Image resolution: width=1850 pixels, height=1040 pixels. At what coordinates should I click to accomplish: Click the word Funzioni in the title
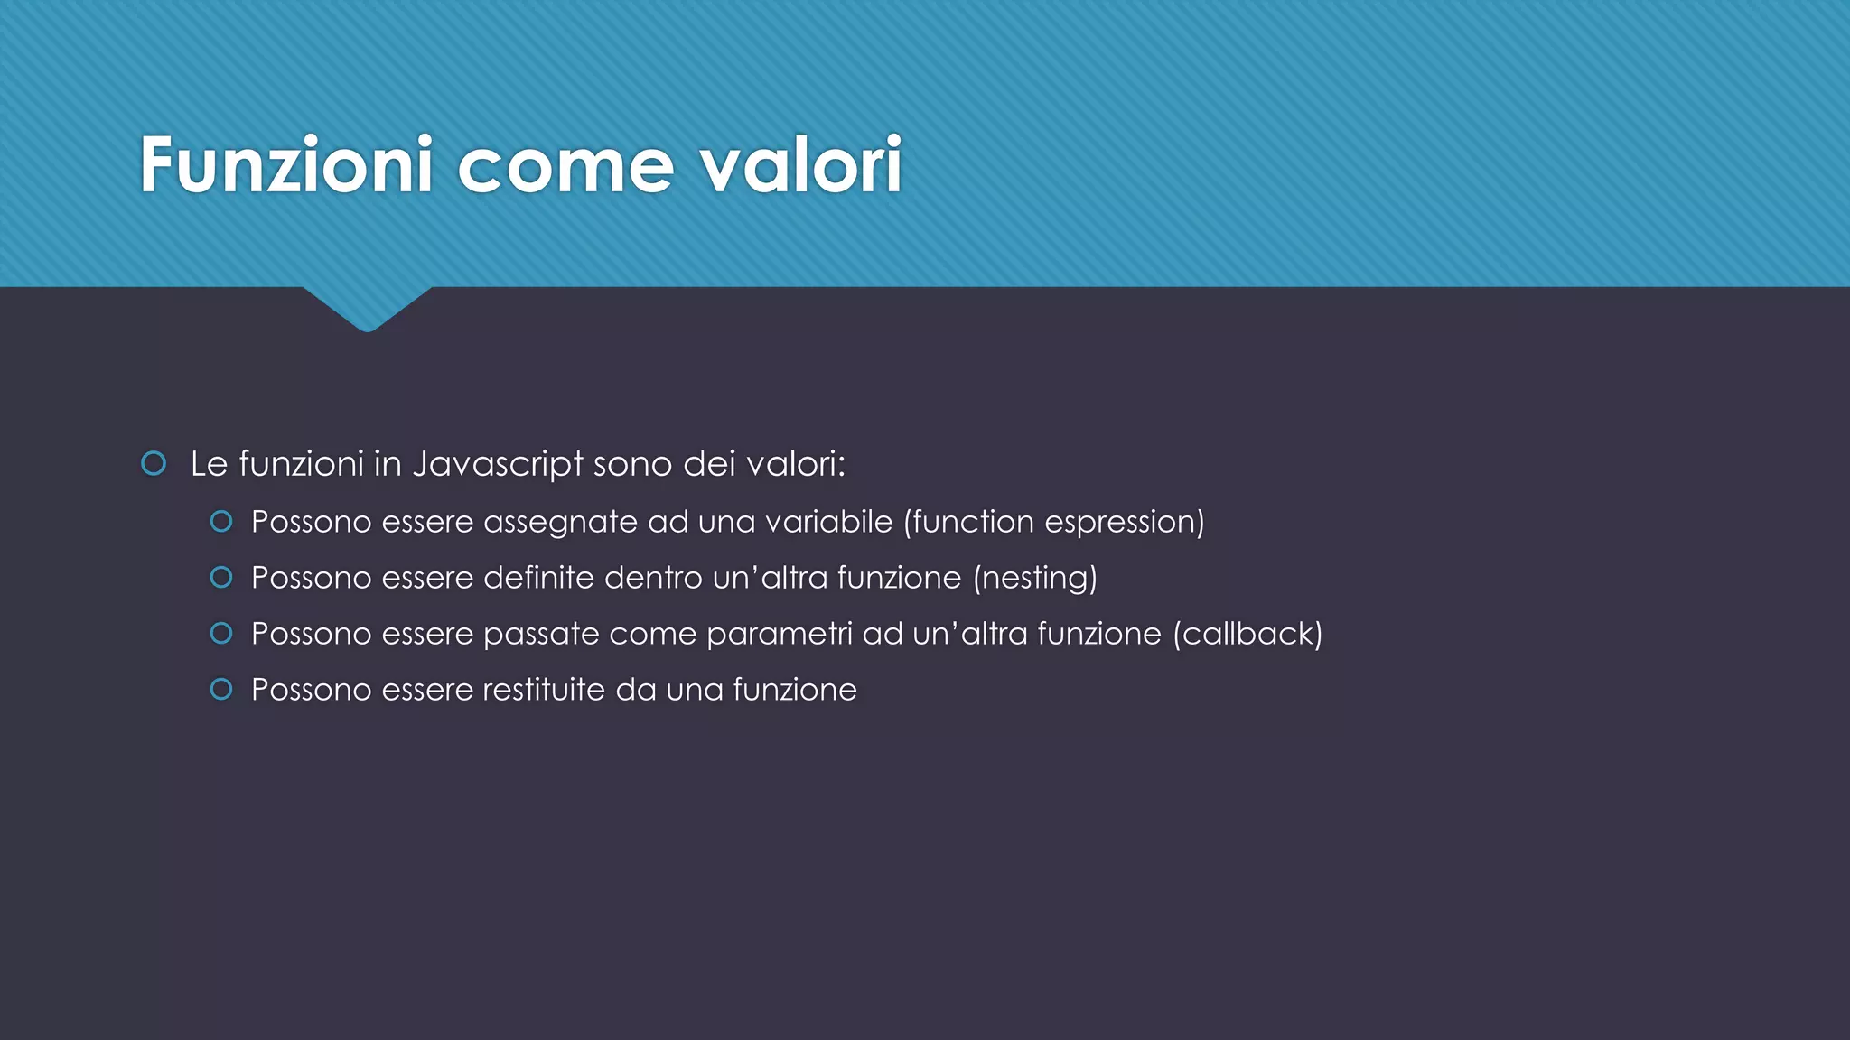tap(286, 165)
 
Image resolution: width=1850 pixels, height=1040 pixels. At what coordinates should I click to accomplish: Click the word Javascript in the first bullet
tap(498, 465)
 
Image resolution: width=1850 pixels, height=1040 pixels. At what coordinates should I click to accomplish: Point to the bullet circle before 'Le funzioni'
tap(154, 464)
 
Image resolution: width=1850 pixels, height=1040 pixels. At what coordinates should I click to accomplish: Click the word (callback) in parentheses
tap(1247, 634)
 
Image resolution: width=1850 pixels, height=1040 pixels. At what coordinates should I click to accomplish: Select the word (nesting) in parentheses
tap(1035, 578)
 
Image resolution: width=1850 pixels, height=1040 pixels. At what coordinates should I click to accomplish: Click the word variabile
tap(829, 522)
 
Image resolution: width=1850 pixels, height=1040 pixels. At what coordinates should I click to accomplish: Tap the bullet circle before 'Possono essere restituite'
tap(221, 690)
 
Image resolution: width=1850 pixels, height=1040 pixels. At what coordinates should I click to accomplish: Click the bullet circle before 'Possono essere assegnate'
tap(221, 522)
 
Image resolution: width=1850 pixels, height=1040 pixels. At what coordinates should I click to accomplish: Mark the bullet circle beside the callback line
tap(221, 634)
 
